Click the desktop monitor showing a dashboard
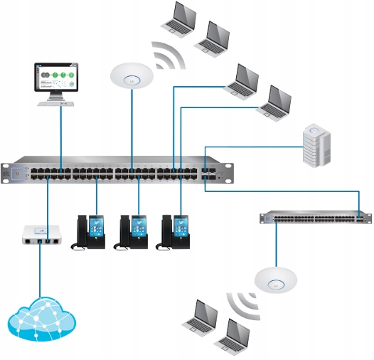coord(56,78)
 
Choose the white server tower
coord(316,146)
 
